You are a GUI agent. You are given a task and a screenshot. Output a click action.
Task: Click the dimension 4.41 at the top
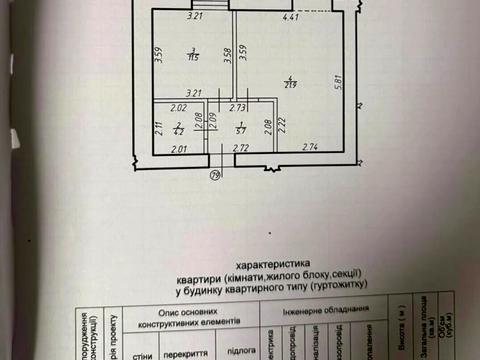point(291,18)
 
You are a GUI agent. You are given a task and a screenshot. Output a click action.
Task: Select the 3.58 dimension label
point(228,56)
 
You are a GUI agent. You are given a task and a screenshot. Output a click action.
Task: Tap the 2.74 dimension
point(307,148)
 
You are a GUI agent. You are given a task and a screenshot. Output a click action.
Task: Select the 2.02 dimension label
point(178,107)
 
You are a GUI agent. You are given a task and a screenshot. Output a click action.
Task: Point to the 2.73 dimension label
point(238,107)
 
